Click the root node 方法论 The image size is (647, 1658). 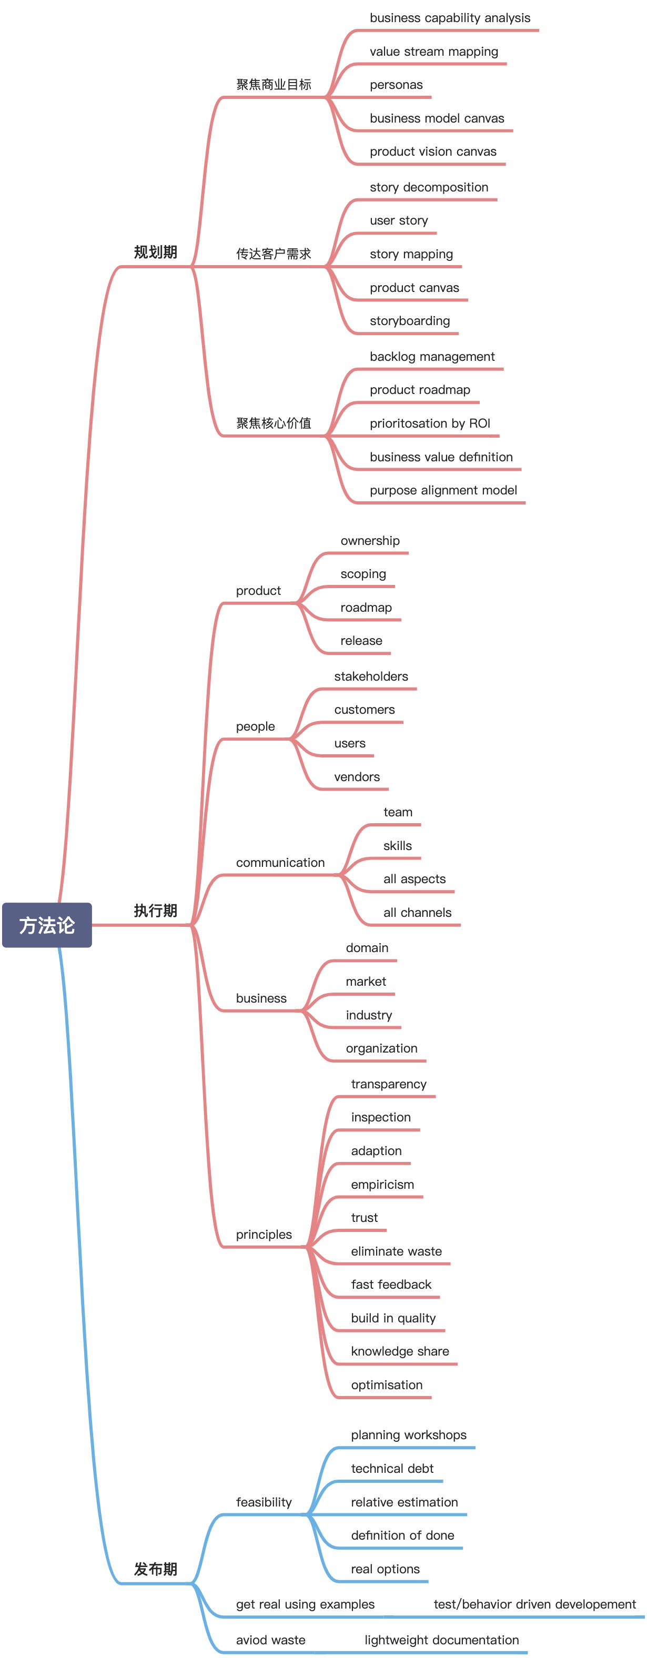47,925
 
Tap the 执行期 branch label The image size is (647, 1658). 155,911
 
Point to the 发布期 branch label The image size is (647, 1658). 155,1569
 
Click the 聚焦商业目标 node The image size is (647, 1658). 274,84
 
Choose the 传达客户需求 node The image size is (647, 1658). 274,254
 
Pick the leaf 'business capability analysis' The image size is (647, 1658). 450,18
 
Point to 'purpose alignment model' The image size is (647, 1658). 443,490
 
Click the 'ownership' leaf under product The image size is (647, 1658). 370,541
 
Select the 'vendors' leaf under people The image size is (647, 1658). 357,777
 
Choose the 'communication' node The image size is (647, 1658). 280,863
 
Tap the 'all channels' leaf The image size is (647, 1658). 417,913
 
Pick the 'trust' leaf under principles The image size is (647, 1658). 365,1218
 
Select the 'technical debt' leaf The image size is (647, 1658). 392,1469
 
